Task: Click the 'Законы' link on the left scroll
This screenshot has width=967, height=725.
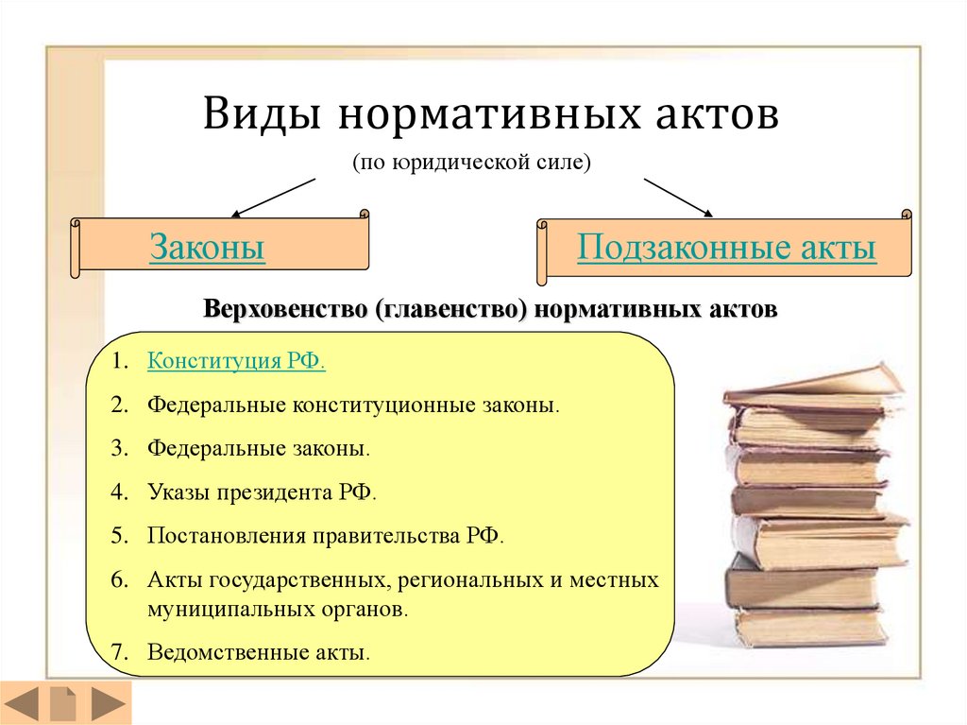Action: (207, 247)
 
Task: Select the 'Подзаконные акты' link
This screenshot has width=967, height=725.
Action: (726, 247)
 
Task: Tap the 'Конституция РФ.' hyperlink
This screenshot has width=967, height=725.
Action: (236, 361)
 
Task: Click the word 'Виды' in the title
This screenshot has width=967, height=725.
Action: (263, 113)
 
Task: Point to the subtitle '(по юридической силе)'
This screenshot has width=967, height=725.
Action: (472, 163)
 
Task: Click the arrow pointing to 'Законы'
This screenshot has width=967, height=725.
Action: (273, 199)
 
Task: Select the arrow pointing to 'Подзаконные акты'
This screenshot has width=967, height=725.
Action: (678, 198)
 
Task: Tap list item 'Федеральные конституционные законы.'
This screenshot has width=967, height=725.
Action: (353, 406)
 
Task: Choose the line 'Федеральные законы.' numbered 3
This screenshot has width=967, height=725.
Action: (259, 448)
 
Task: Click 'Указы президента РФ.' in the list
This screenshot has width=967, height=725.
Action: (262, 492)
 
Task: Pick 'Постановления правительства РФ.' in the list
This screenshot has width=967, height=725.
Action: (326, 535)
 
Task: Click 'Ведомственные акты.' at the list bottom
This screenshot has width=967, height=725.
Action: (259, 652)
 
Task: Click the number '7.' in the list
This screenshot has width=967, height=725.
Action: (120, 652)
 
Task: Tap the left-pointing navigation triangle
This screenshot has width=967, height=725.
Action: (23, 702)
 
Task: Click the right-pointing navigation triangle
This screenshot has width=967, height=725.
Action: (109, 702)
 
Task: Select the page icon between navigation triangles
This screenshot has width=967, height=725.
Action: (63, 702)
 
